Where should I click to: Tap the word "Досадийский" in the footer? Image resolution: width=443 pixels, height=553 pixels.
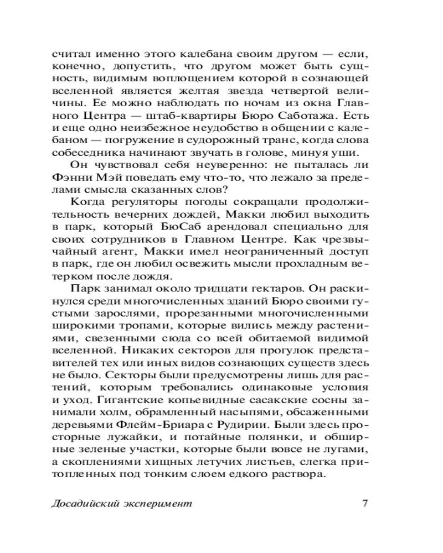point(86,504)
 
